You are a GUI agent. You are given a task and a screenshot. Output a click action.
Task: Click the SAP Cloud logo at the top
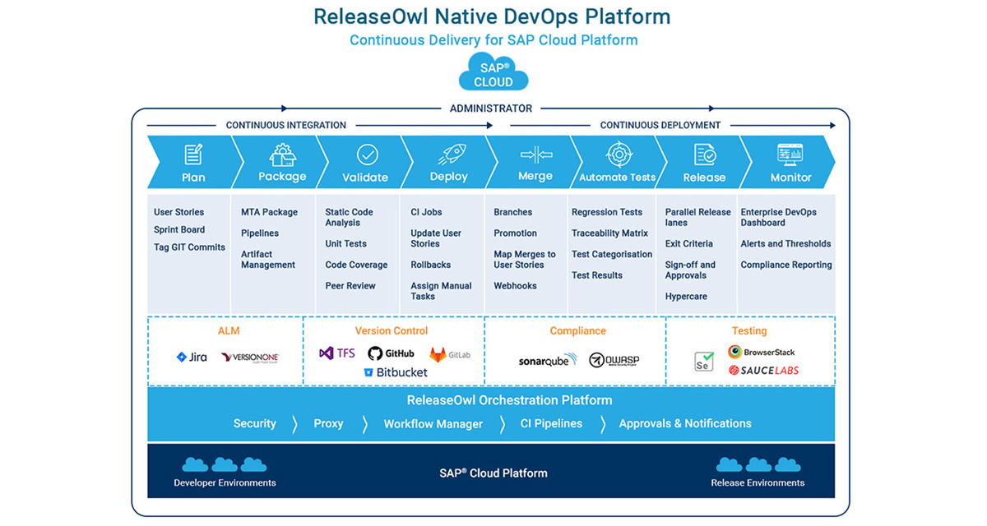click(x=493, y=72)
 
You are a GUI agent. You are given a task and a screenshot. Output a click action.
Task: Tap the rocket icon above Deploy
click(x=449, y=154)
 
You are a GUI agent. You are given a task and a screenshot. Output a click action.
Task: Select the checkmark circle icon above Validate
click(x=367, y=155)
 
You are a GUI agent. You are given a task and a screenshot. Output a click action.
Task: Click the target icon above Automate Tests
click(x=617, y=154)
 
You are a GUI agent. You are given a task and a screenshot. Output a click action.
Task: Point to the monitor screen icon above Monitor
click(x=790, y=154)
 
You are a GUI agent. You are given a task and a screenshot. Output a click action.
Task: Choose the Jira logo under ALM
click(x=192, y=358)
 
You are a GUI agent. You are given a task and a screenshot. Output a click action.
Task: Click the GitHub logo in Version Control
click(x=391, y=353)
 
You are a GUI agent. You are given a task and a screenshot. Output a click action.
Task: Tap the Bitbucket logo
click(x=396, y=372)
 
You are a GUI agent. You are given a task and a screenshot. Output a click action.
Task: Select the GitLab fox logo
click(x=450, y=354)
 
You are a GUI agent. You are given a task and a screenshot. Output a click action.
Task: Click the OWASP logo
click(x=614, y=360)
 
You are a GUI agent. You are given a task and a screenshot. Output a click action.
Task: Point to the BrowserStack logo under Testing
click(x=761, y=352)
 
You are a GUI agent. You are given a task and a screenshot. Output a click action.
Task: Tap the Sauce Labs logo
click(x=763, y=371)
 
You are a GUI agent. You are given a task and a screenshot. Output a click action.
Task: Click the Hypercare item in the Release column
click(x=686, y=297)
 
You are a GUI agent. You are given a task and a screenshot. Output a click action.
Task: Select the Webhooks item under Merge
click(x=515, y=286)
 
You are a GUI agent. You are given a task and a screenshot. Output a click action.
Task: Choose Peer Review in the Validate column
click(x=350, y=286)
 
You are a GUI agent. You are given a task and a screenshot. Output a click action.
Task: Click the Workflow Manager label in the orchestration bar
click(x=433, y=424)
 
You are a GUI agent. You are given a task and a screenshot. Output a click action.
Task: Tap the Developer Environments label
click(x=225, y=482)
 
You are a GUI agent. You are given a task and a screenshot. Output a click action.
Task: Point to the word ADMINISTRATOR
click(x=491, y=108)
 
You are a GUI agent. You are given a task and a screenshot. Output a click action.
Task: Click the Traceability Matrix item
click(x=609, y=233)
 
